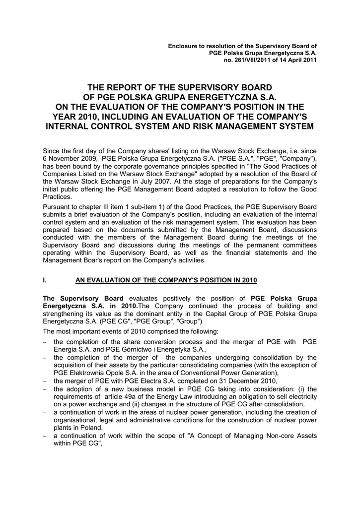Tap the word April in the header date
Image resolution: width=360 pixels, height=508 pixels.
point(293,60)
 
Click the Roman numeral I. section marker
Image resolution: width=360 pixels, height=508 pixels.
point(45,280)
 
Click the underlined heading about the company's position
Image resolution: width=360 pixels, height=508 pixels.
point(166,280)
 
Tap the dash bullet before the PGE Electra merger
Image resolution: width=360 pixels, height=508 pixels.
point(45,381)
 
